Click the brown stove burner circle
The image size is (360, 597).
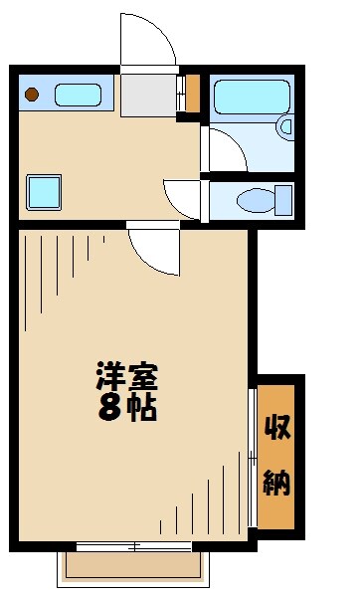click(x=32, y=96)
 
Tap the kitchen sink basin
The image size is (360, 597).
click(x=78, y=96)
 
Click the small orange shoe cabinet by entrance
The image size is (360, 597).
click(x=193, y=94)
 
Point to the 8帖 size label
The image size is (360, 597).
click(x=126, y=407)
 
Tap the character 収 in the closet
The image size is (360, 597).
click(x=276, y=428)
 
